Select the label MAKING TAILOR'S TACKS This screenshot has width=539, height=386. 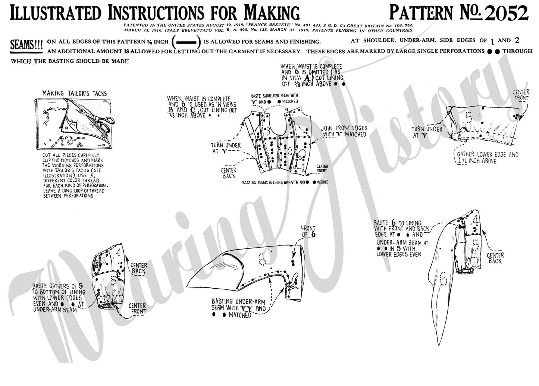(x=74, y=93)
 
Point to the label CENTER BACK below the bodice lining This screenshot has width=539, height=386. (x=229, y=173)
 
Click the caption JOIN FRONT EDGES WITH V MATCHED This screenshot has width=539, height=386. (x=344, y=131)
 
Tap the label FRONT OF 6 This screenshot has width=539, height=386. (x=308, y=231)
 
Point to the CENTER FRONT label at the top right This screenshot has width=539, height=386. (x=521, y=95)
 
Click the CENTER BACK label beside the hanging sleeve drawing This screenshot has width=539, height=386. (x=495, y=258)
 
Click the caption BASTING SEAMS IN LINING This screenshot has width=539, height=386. (x=285, y=182)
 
